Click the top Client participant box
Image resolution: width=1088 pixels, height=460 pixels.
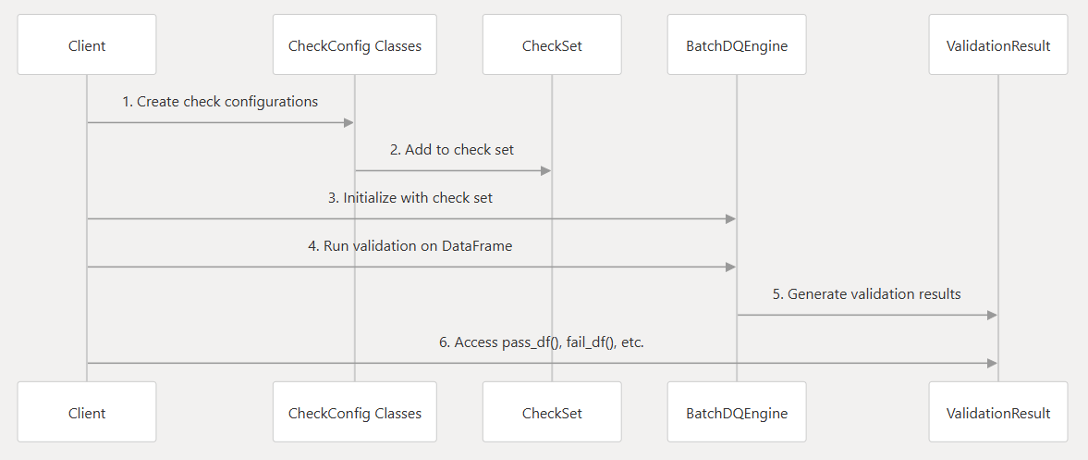point(87,44)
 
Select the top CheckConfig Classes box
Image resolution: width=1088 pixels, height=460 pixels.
point(355,44)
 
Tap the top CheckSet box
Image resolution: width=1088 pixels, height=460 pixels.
point(552,44)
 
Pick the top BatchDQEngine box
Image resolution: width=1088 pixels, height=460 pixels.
point(737,44)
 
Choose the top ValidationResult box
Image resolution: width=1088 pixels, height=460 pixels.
point(998,44)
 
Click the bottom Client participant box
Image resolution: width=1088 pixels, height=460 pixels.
point(87,412)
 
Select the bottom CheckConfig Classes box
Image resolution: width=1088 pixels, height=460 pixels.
point(355,412)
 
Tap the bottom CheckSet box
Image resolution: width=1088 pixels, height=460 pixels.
point(552,412)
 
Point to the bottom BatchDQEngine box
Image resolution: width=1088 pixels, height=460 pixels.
point(737,412)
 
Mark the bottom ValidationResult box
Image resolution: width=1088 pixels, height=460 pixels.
point(998,412)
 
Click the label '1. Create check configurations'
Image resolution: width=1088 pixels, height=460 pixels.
point(220,102)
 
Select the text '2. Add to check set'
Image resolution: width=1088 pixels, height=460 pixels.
point(452,150)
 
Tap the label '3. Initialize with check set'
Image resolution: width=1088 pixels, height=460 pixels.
point(411,198)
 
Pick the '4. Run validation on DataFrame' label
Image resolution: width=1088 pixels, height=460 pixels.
point(411,246)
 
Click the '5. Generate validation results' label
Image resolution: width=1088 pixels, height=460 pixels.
point(867,294)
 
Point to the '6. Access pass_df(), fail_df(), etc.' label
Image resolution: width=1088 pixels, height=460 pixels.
point(542,342)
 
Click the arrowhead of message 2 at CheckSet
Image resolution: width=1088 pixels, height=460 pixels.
point(546,170)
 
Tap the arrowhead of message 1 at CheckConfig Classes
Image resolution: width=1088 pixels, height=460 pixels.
point(349,122)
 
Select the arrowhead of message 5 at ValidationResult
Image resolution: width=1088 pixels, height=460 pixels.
point(993,315)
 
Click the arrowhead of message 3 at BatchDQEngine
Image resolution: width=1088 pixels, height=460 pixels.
point(731,218)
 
